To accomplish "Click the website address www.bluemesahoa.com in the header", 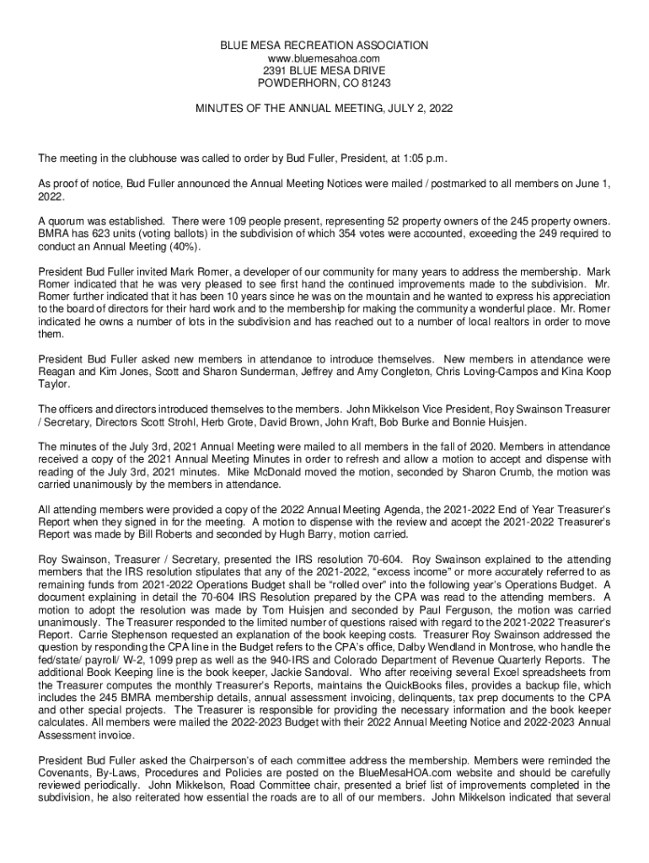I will click(324, 58).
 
